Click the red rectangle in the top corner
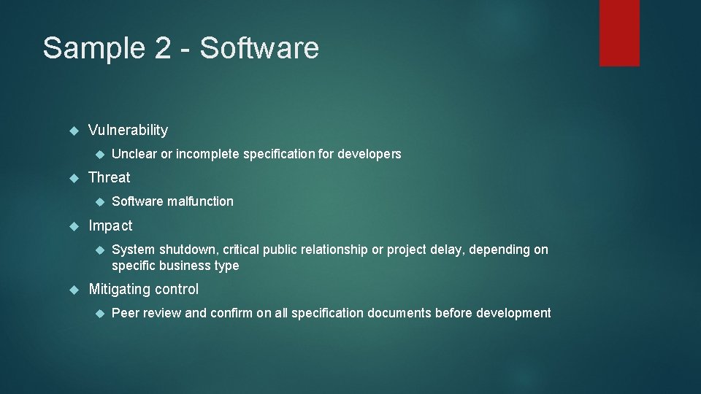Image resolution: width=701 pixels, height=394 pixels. pos(619,33)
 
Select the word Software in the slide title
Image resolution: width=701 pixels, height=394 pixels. pos(259,48)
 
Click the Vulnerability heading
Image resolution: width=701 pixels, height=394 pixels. pos(128,131)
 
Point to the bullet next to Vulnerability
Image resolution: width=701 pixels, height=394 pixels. pos(72,131)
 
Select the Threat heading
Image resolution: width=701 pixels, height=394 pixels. pos(109,177)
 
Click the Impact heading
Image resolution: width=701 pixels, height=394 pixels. pos(110,225)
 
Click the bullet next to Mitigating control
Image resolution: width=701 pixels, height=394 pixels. pos(72,290)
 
